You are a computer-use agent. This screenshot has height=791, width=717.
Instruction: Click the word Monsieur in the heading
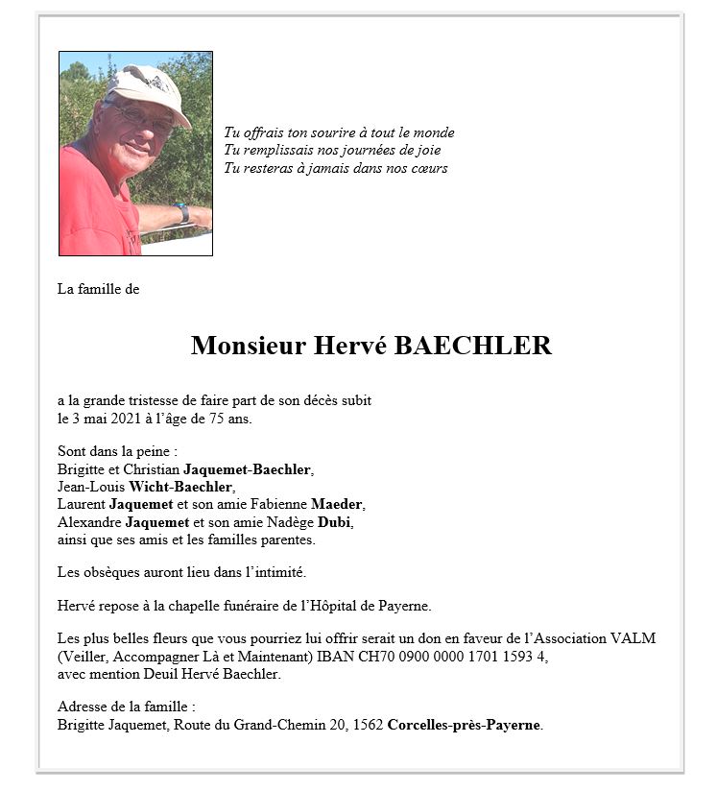point(248,346)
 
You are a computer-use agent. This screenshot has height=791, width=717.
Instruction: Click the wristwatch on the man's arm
point(181,212)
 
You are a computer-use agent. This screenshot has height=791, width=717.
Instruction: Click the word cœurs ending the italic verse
point(428,169)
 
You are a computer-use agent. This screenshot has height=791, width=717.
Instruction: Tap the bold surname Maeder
point(338,504)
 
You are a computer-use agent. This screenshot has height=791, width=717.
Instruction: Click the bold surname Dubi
point(335,522)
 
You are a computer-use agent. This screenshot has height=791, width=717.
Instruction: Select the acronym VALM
point(636,638)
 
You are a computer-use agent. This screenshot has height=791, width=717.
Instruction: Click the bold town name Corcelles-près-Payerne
point(465,725)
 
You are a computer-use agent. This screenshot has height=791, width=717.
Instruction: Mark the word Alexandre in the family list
point(88,522)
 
